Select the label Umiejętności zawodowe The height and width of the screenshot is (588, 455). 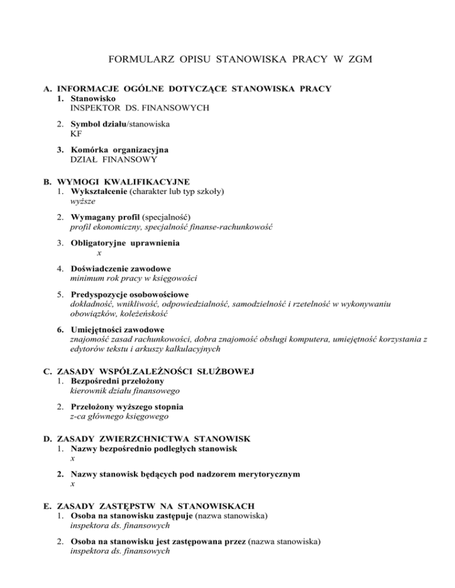[x=118, y=329]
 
